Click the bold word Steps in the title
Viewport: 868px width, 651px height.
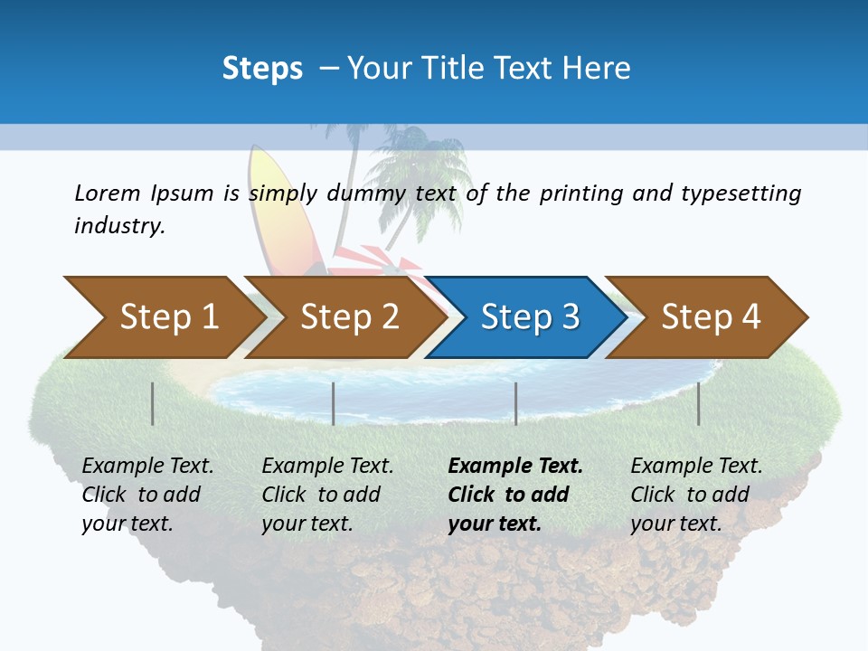[x=262, y=69]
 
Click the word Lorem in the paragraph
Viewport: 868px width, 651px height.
[x=108, y=193]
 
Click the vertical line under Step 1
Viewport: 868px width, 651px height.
[x=153, y=403]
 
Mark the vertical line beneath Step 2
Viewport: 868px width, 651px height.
[x=334, y=403]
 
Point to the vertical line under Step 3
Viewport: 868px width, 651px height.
[x=516, y=403]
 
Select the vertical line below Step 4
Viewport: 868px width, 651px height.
[x=699, y=403]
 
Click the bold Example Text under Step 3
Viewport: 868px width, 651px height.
[x=515, y=467]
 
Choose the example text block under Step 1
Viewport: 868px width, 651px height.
[x=147, y=495]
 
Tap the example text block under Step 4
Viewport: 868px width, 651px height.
[x=696, y=495]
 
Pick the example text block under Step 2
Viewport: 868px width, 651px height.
[x=327, y=495]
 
